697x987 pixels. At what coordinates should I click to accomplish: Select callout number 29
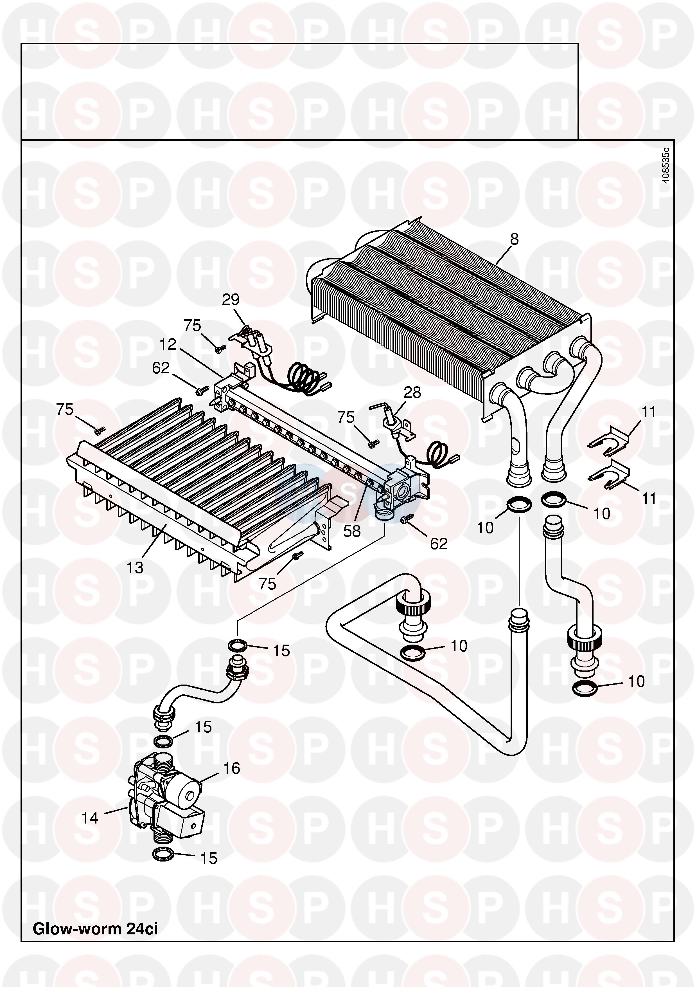click(x=231, y=300)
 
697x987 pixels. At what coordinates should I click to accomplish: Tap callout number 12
click(x=168, y=344)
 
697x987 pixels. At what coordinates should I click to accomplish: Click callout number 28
click(x=412, y=392)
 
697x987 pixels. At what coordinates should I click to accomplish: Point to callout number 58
click(x=352, y=531)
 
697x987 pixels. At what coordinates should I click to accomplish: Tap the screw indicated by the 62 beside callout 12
click(x=200, y=391)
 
